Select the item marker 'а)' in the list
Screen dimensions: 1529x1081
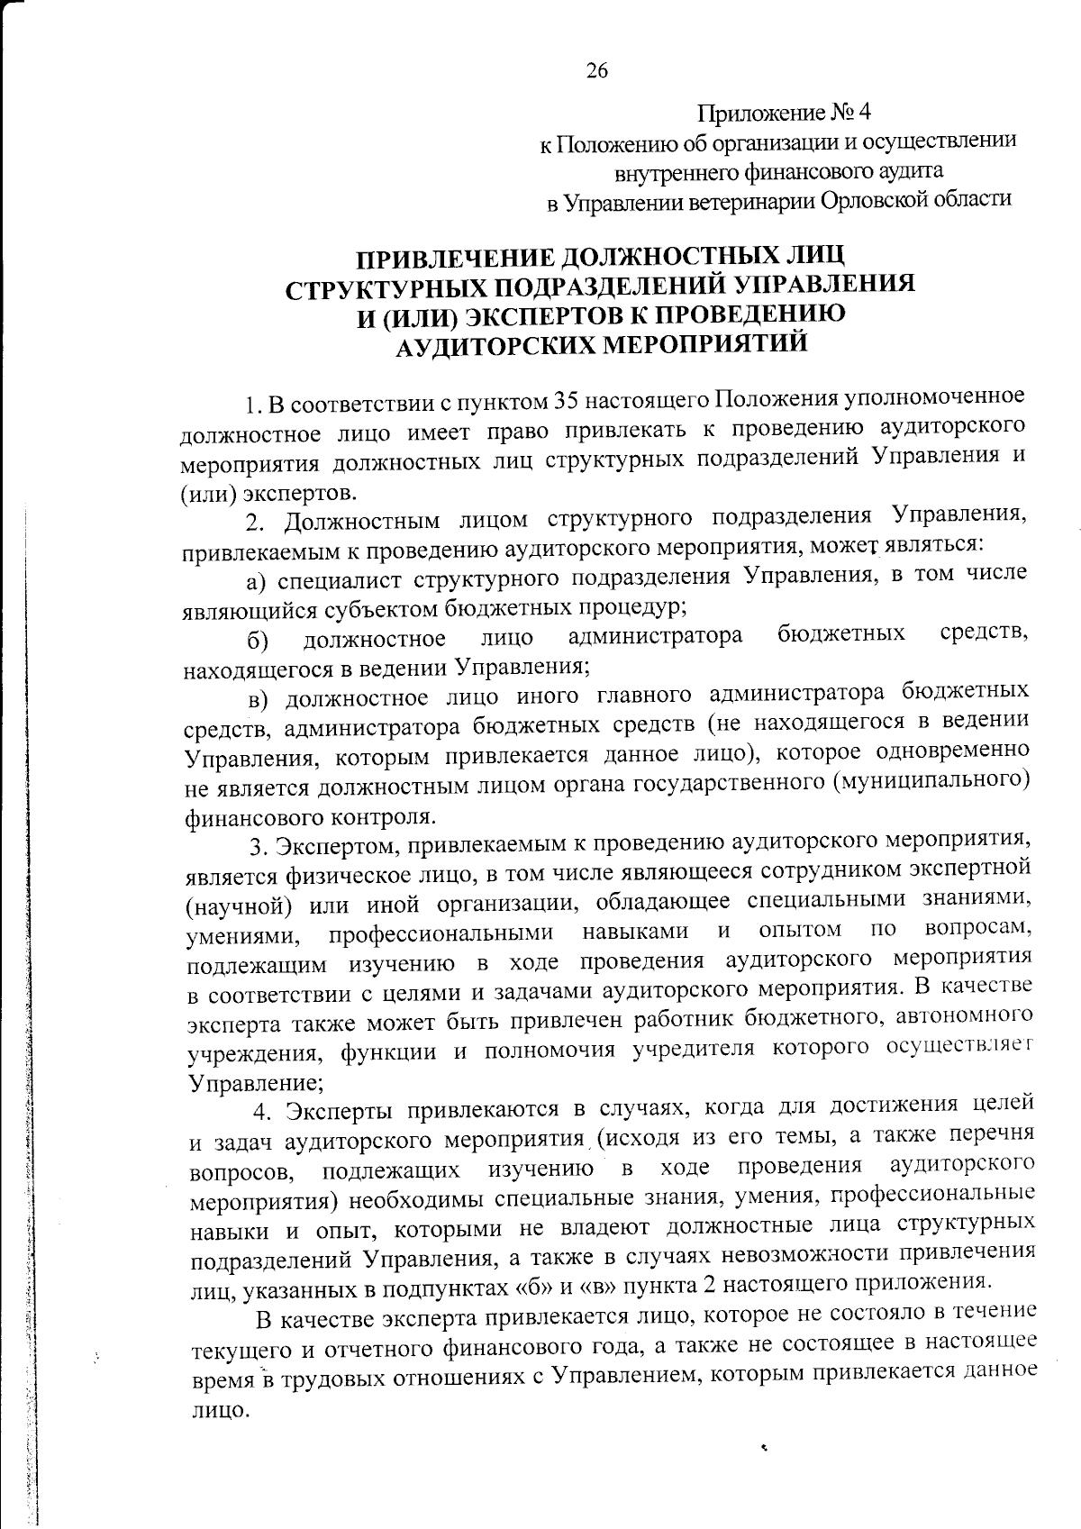click(x=259, y=579)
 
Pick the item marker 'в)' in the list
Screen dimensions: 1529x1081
click(x=259, y=697)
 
